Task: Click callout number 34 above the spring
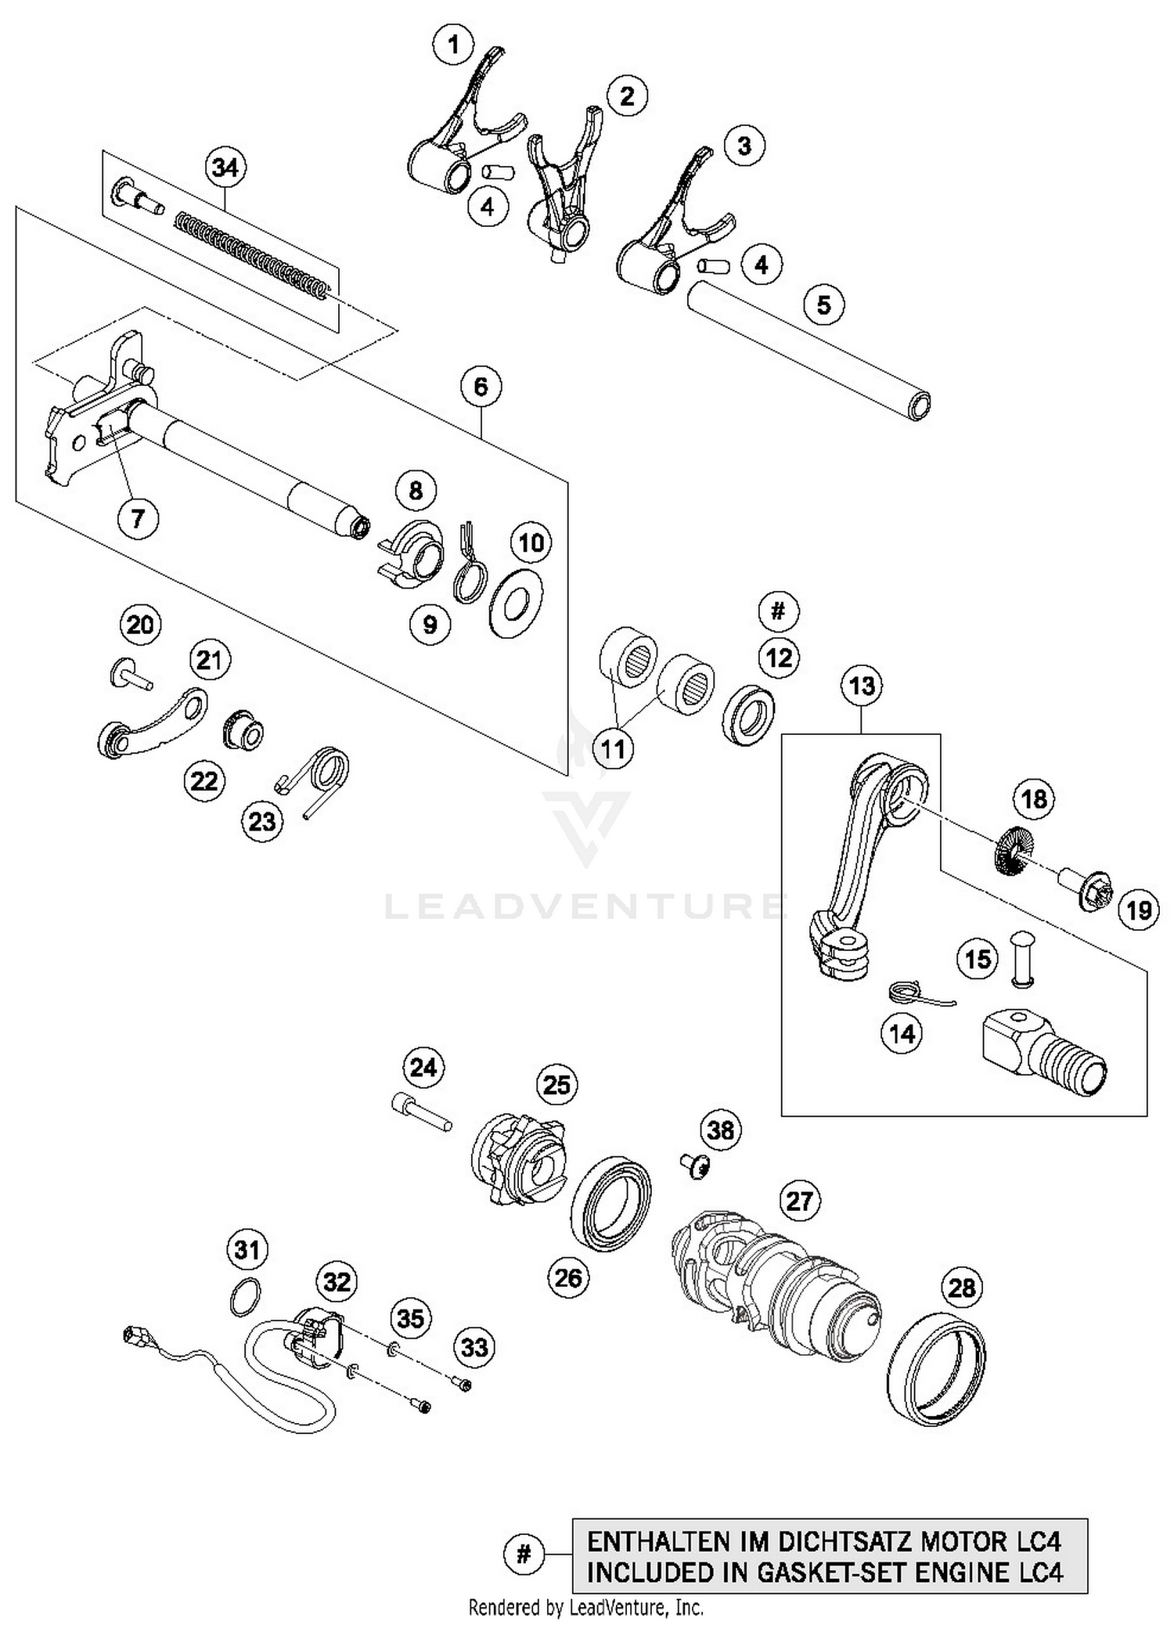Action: pos(225,168)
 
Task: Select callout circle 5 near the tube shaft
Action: pos(823,304)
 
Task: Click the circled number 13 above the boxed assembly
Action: pos(862,686)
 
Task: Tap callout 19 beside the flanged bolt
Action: pos(1138,910)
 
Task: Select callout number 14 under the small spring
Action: pos(902,1034)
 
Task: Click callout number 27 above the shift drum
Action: pos(799,1201)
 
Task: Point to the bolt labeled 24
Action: pos(421,1112)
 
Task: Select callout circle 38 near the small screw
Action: pos(721,1130)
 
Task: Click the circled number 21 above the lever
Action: pos(209,661)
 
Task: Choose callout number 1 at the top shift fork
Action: pos(453,45)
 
